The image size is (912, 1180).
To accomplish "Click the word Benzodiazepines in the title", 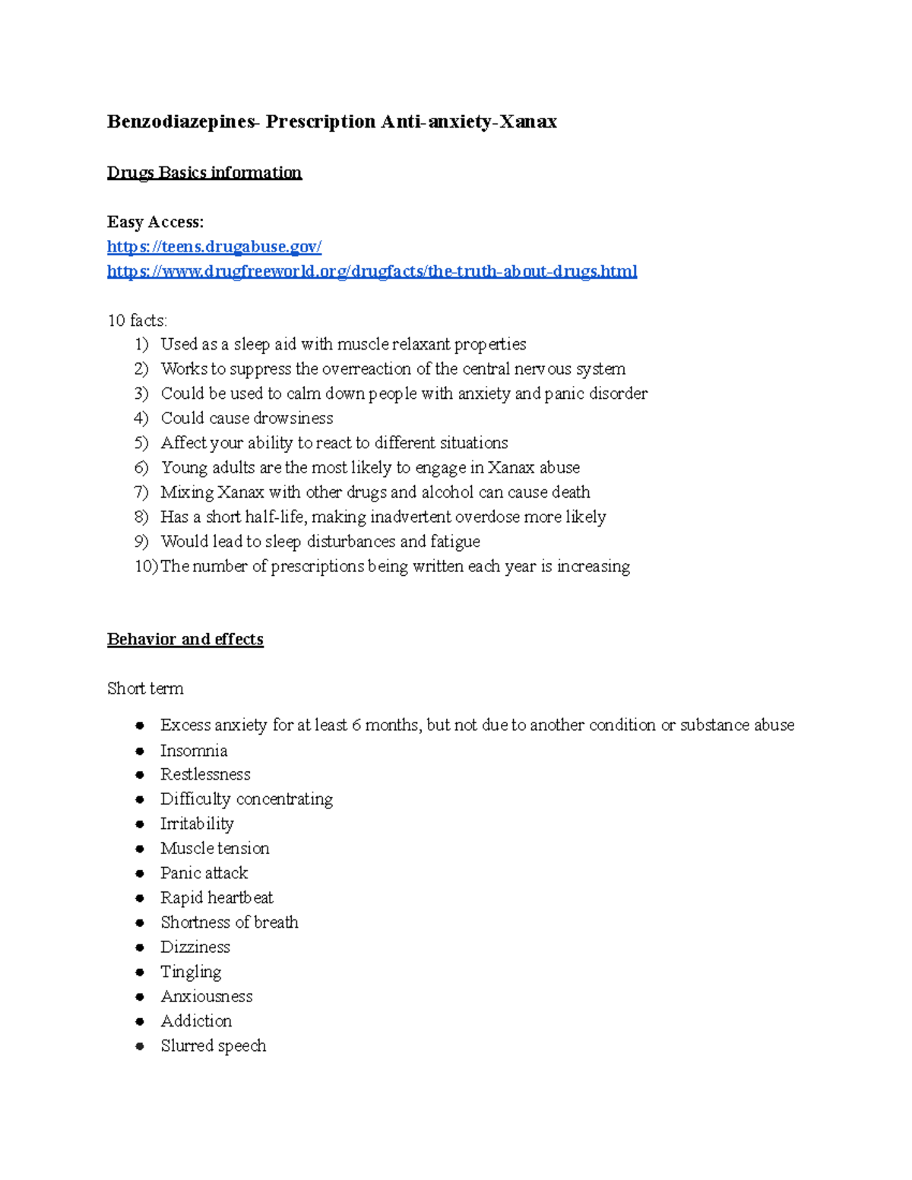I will [x=182, y=122].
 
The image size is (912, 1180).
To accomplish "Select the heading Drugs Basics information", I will [x=204, y=172].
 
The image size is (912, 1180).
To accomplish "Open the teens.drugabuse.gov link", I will [x=214, y=246].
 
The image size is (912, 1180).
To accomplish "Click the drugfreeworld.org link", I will [x=372, y=271].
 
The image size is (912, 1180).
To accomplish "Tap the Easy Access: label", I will [x=155, y=222].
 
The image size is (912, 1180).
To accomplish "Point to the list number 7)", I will [x=141, y=492].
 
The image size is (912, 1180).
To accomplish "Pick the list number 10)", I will [x=146, y=566].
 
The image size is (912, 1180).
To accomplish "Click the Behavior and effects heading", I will [x=185, y=639].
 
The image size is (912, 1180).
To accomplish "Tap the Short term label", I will [x=145, y=688].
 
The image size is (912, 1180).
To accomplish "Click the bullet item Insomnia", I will [x=194, y=751].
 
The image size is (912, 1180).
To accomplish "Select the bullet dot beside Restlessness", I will [x=140, y=775].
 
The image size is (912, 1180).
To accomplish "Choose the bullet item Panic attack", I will [x=204, y=873].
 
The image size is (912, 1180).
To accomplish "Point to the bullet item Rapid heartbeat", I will [x=217, y=898].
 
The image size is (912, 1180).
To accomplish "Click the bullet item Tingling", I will [x=191, y=972].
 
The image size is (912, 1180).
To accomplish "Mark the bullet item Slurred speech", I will [x=213, y=1046].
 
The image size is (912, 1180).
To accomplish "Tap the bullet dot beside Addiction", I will [x=140, y=1021].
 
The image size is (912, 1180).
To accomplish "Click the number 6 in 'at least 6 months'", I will [x=356, y=726].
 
